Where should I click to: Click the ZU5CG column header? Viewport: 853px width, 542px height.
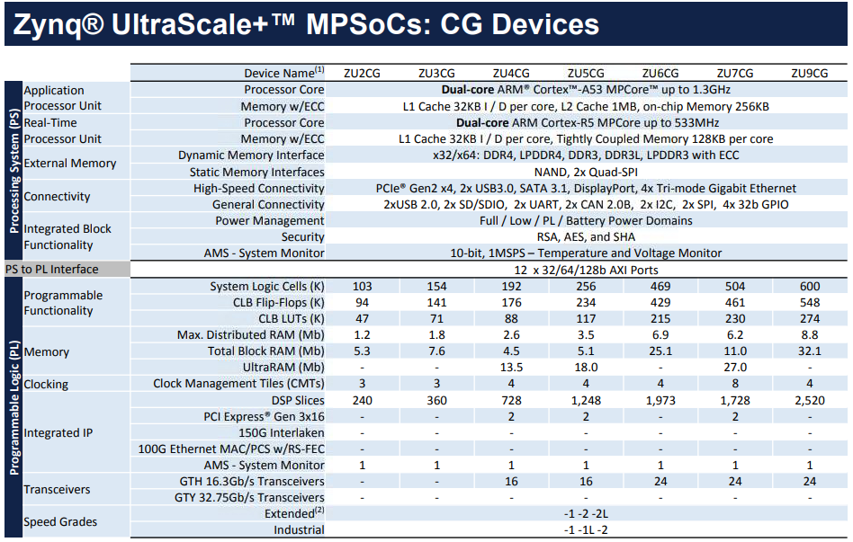(586, 73)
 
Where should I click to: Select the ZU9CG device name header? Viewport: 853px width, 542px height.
(809, 73)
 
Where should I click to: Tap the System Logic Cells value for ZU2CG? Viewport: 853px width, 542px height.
(362, 286)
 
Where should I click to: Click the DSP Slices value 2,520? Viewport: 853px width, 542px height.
(809, 400)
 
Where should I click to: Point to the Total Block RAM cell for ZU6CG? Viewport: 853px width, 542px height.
(660, 351)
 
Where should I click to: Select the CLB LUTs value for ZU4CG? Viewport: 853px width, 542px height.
(511, 318)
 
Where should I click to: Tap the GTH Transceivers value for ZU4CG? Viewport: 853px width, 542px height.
(511, 482)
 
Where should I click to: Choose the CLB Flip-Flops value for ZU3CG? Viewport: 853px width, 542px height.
(436, 302)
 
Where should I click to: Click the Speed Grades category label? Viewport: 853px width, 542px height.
(60, 521)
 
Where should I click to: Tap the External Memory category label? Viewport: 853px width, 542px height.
(69, 164)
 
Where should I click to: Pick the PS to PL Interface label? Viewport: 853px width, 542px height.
(52, 270)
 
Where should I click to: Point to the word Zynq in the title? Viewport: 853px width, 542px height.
(46, 24)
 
